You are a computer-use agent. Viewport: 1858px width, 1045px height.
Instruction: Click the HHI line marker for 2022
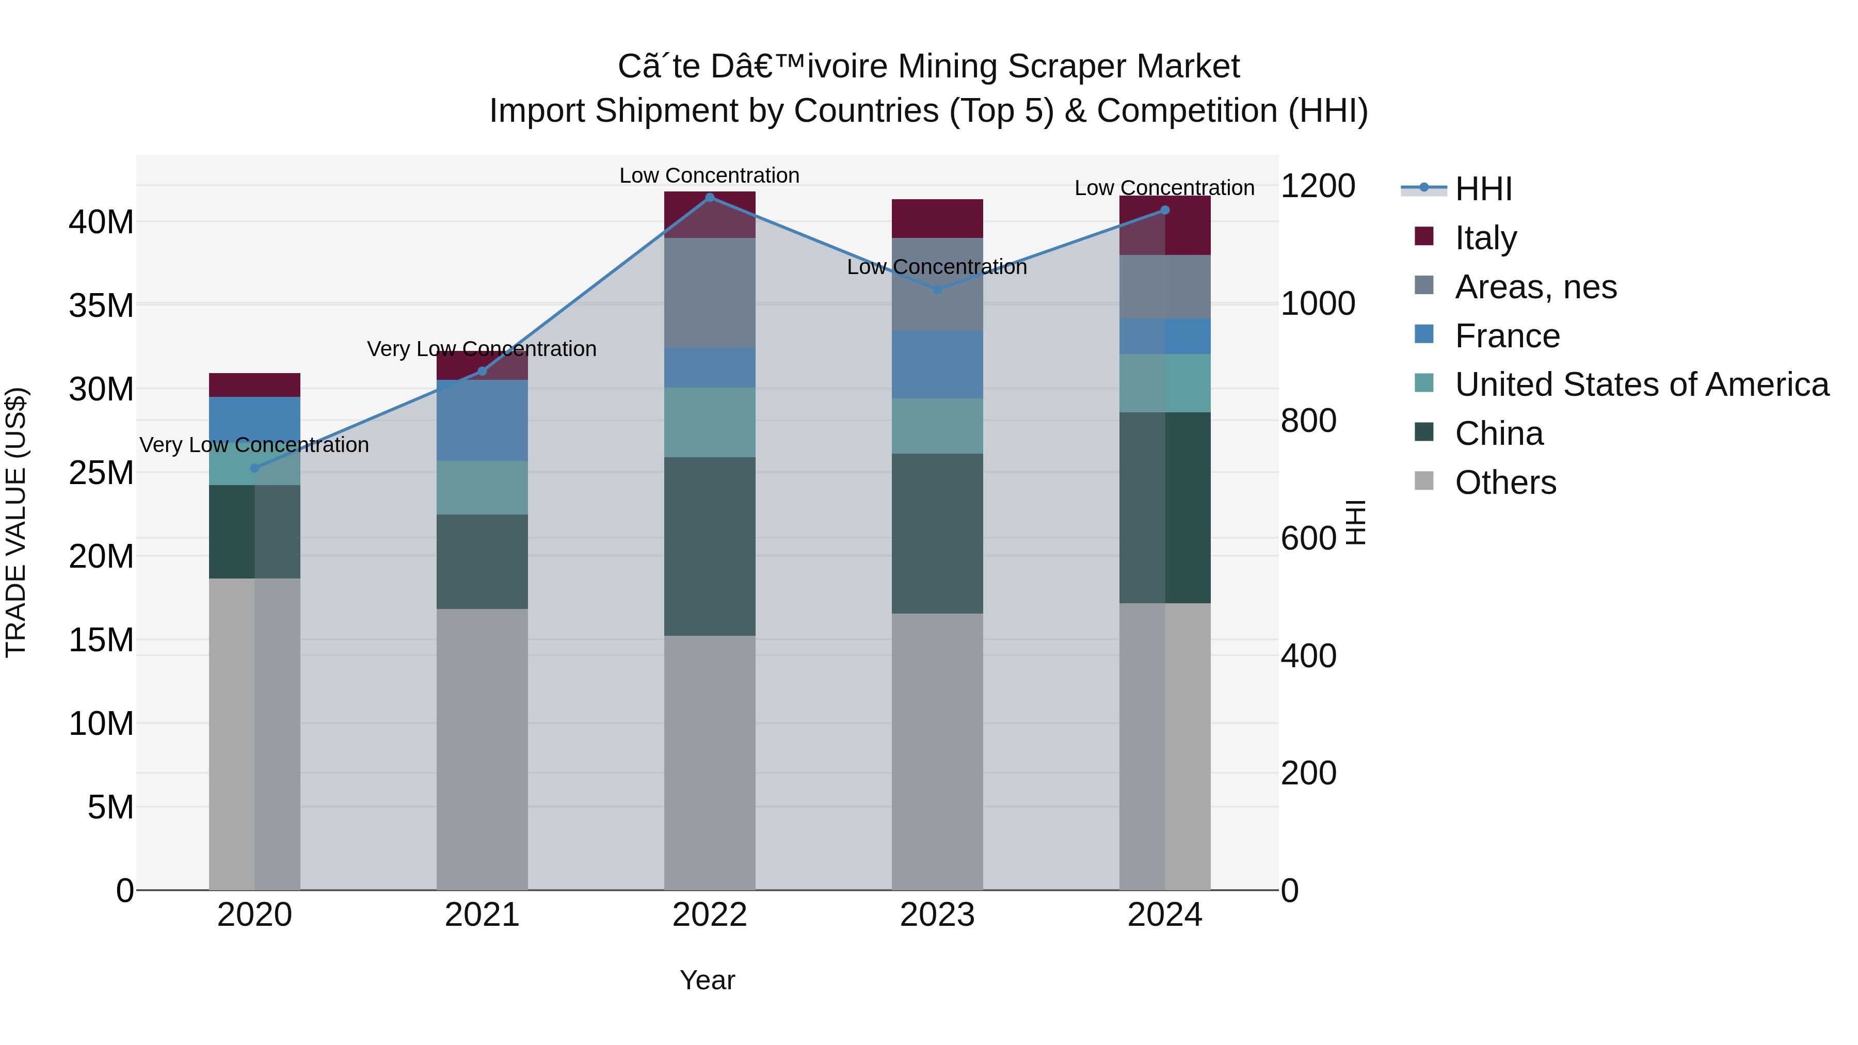pyautogui.click(x=710, y=198)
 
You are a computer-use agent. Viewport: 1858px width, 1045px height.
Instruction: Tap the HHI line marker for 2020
pyautogui.click(x=254, y=468)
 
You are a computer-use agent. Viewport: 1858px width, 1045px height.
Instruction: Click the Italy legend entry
pyautogui.click(x=1486, y=237)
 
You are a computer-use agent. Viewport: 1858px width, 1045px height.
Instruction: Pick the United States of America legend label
pyautogui.click(x=1642, y=384)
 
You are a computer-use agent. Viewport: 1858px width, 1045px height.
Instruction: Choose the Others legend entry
pyautogui.click(x=1505, y=483)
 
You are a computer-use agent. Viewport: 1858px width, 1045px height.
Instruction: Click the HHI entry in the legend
pyautogui.click(x=1483, y=189)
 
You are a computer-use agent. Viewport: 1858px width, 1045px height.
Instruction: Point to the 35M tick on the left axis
pyautogui.click(x=101, y=306)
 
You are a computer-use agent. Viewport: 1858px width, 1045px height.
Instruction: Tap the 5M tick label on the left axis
pyautogui.click(x=110, y=807)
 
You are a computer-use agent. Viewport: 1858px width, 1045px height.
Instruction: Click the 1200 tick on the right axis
pyautogui.click(x=1317, y=186)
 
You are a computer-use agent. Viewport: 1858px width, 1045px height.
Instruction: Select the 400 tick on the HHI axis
pyautogui.click(x=1308, y=655)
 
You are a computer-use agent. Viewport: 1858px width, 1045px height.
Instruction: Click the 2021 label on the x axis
pyautogui.click(x=482, y=915)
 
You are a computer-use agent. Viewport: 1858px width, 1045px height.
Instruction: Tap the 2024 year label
pyautogui.click(x=1164, y=915)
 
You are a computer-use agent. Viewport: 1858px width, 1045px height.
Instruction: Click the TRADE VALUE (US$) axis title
pyautogui.click(x=17, y=522)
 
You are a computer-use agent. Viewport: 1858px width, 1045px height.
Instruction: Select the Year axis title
pyautogui.click(x=707, y=980)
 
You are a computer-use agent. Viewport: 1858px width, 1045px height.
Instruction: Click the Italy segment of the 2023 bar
pyautogui.click(x=937, y=218)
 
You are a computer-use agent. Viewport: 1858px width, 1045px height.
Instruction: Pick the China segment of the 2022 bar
pyautogui.click(x=710, y=546)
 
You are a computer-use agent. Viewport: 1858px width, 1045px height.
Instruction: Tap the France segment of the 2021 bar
pyautogui.click(x=482, y=421)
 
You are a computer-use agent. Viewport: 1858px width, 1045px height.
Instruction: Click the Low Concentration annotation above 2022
pyautogui.click(x=709, y=175)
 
